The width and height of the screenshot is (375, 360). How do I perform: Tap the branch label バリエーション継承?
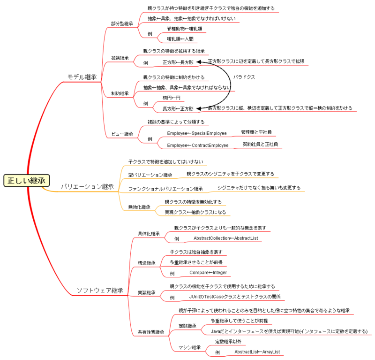87,186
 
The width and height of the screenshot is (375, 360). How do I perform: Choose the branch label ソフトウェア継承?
99,291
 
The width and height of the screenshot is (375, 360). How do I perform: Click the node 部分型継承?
122,23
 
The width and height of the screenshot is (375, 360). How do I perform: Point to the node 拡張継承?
120,58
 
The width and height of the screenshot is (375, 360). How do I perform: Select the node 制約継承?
120,93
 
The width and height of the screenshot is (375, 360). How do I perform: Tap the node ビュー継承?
122,134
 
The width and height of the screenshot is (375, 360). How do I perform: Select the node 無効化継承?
139,207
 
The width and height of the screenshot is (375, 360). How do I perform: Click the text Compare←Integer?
208,273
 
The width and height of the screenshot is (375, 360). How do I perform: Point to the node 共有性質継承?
151,332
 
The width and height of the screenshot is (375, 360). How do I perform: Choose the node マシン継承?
189,347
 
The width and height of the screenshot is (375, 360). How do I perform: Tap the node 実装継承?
146,293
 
